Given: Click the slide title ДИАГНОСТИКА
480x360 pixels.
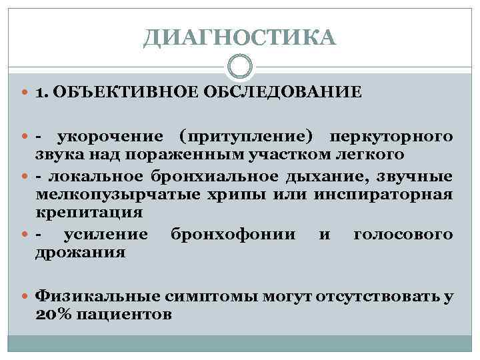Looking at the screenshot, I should [x=240, y=38].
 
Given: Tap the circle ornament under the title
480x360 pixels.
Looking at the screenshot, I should [x=240, y=67].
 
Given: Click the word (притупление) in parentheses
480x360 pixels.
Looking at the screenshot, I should [x=246, y=137].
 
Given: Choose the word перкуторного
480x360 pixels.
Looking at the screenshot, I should [x=389, y=137].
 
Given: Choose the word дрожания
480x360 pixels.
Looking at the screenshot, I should [x=80, y=253].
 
